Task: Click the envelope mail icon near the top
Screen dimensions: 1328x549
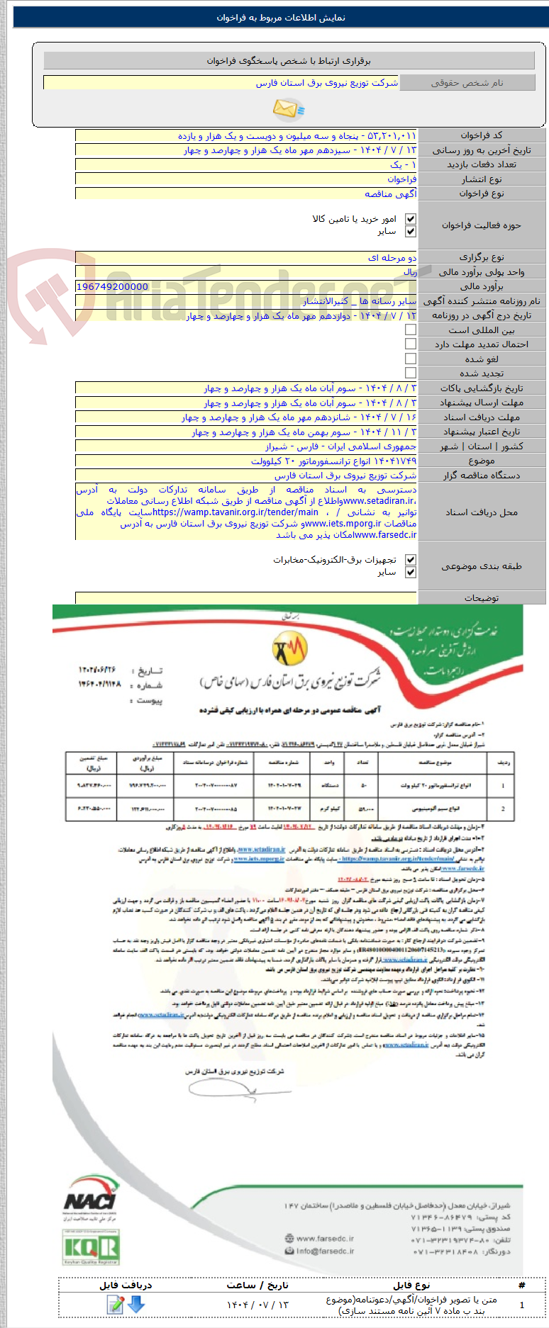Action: pos(288,108)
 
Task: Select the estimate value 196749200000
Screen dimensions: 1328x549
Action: pos(112,287)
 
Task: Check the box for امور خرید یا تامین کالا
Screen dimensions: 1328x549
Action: pos(410,219)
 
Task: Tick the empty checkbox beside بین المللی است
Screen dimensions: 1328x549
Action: pos(410,330)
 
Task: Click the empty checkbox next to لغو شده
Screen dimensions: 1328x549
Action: pos(410,359)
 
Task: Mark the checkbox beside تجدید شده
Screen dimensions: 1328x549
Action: pos(410,373)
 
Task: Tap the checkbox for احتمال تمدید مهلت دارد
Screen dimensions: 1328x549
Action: pos(410,344)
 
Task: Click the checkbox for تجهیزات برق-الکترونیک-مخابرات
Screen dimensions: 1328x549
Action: pos(410,560)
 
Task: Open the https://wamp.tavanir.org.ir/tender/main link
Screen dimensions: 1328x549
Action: pos(235,512)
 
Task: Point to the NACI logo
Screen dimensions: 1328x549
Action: pos(90,1198)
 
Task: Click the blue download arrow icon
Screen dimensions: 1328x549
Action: pos(135,1303)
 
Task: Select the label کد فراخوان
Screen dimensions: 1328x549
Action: pos(482,135)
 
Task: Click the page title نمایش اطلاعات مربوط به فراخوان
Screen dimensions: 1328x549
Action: pos(281,18)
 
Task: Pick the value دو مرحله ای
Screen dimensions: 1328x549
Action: pos(392,258)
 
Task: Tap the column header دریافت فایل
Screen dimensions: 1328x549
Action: pos(126,1285)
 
